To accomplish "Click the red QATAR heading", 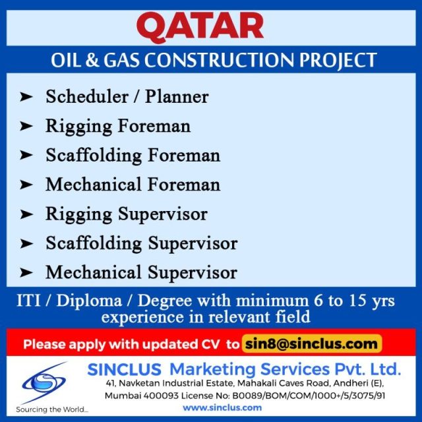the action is coord(200,27).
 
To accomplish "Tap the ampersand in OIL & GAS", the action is coord(92,60).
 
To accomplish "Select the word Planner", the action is coord(177,96).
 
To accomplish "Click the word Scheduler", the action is coord(87,96).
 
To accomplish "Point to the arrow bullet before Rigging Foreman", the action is coord(26,126).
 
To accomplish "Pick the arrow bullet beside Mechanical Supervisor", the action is coord(26,272).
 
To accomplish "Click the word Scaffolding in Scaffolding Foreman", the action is coord(94,156).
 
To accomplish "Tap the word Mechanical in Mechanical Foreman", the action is coord(94,185).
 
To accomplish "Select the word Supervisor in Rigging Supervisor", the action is coord(163,214).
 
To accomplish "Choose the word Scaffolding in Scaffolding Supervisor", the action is coord(94,243).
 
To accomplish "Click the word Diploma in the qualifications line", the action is coord(89,301).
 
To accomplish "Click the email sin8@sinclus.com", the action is coord(311,344).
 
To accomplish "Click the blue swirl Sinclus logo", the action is coord(44,382).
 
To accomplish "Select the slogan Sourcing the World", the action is coord(52,409).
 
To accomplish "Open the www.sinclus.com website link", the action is coord(222,407).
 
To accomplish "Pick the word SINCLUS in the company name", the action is coord(124,369).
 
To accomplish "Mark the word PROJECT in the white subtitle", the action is coord(338,60).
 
